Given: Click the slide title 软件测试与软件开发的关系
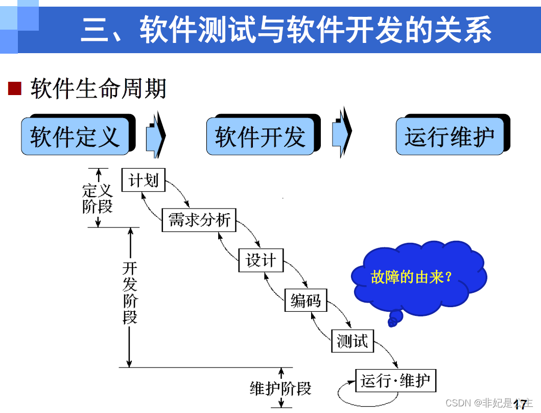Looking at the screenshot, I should pyautogui.click(x=286, y=29).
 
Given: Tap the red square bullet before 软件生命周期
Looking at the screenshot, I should pyautogui.click(x=15, y=88).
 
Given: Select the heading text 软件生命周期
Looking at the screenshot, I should pyautogui.click(x=98, y=88).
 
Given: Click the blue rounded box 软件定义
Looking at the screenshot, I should pyautogui.click(x=75, y=136).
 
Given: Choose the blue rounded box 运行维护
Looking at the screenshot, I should pyautogui.click(x=450, y=136).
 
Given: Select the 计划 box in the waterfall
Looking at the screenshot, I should pyautogui.click(x=144, y=180).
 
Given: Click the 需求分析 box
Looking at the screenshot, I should pyautogui.click(x=199, y=220).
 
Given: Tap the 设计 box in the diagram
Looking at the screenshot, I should pyautogui.click(x=261, y=260).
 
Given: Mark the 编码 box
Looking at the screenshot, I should pyautogui.click(x=305, y=300).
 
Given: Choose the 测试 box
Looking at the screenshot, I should pyautogui.click(x=352, y=340).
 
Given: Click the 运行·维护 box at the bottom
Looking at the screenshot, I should pyautogui.click(x=396, y=380).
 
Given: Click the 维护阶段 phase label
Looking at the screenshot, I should pyautogui.click(x=280, y=388).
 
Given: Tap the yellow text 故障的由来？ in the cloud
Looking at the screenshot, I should pyautogui.click(x=412, y=278).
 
